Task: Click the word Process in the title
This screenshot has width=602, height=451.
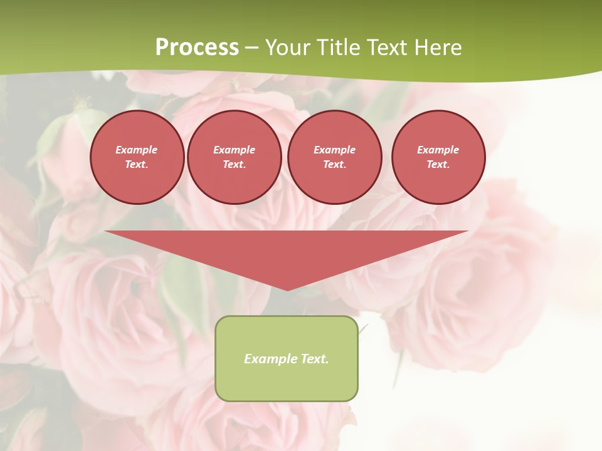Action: click(x=197, y=47)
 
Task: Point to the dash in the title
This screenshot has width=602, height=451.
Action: click(x=251, y=48)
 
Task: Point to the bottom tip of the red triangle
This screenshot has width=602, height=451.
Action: click(x=287, y=289)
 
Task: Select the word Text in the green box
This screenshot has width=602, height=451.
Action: click(x=315, y=359)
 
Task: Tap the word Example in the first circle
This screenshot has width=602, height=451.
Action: click(x=137, y=150)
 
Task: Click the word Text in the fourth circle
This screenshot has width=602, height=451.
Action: click(x=438, y=164)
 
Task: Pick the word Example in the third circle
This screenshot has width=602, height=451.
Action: click(x=334, y=150)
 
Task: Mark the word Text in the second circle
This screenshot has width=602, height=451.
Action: click(x=234, y=164)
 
